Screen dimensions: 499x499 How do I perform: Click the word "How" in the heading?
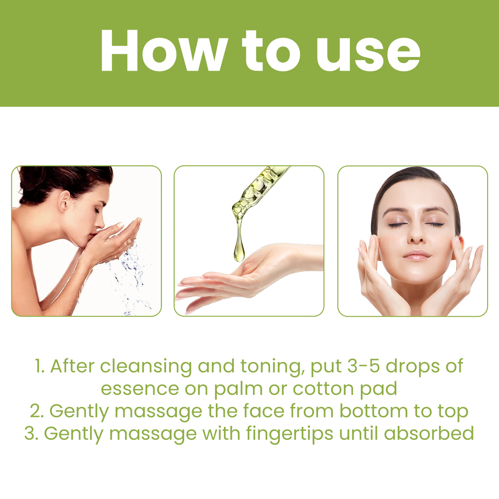click(163, 51)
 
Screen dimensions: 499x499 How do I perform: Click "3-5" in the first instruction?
click(363, 366)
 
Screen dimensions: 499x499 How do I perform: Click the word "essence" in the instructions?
click(140, 388)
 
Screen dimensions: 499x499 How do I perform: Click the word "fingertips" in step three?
click(280, 433)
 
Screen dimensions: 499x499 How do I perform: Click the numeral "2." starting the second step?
click(37, 411)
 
